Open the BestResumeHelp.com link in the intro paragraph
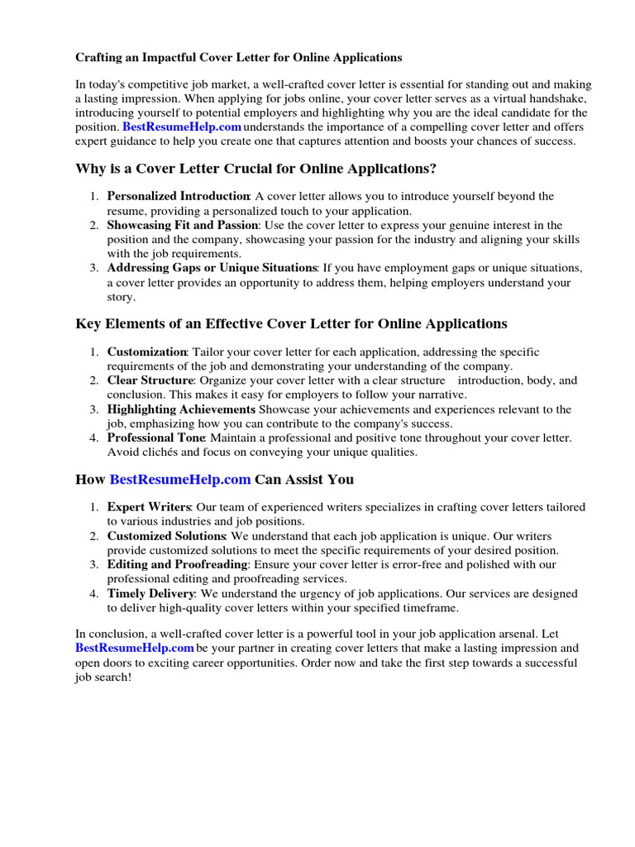click(182, 127)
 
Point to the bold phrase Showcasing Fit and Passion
click(183, 225)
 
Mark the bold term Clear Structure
click(150, 380)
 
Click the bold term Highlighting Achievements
click(181, 409)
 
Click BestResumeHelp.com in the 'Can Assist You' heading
click(180, 480)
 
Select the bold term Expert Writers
click(149, 507)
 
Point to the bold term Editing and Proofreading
click(177, 564)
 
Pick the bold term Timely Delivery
click(150, 593)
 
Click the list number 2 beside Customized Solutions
click(94, 536)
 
